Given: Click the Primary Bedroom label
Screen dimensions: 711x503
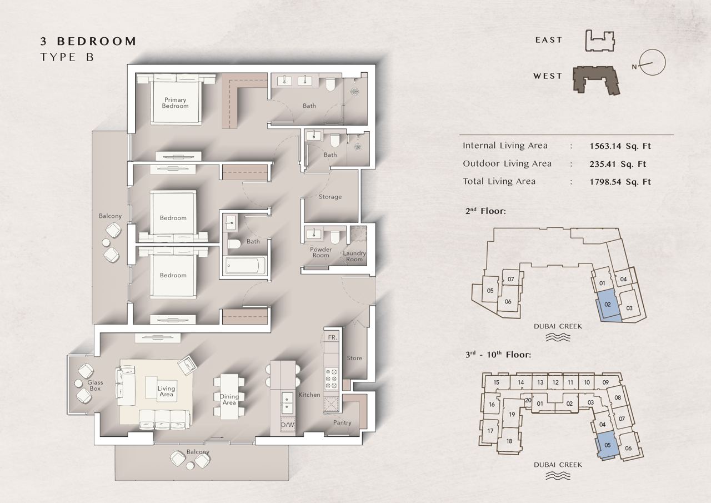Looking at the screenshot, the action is click(175, 103).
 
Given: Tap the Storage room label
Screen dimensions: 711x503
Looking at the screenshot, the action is click(330, 197).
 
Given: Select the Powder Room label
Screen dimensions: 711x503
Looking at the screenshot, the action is click(321, 252).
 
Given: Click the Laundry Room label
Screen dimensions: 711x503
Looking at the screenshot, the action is click(354, 256).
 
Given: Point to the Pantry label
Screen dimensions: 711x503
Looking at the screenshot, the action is click(342, 422).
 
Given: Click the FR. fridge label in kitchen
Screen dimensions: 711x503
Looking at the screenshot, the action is click(332, 337).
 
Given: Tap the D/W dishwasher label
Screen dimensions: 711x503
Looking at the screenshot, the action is click(288, 425).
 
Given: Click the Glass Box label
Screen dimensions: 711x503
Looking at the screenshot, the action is click(95, 386).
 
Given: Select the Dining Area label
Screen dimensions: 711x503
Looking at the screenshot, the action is click(229, 400).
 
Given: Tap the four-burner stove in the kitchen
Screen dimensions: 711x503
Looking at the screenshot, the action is click(332, 379).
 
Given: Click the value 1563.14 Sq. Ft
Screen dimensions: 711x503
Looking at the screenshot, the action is click(620, 146).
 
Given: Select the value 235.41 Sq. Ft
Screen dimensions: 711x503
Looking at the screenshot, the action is click(618, 164).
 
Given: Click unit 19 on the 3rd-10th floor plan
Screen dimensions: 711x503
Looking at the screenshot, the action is click(512, 415).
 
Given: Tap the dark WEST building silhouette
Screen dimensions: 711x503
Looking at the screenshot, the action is click(596, 80).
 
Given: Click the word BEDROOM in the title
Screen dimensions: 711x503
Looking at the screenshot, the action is click(97, 41).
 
